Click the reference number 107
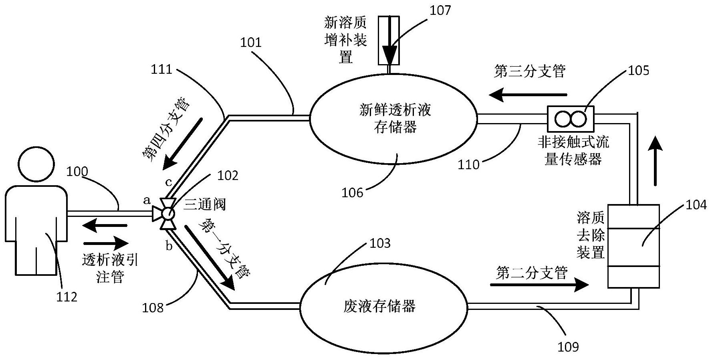coord(440,10)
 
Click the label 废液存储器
coord(379,306)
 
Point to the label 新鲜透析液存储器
coord(395,118)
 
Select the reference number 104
coord(696,205)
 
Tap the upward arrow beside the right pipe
coord(656,160)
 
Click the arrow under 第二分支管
coord(539,285)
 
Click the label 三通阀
coord(205,204)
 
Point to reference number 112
coord(67,297)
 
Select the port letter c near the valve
coord(169,182)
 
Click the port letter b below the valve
coord(169,246)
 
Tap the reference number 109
coord(568,347)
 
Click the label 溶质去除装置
coord(590,235)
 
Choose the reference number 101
coord(251,42)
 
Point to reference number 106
coord(352,193)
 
